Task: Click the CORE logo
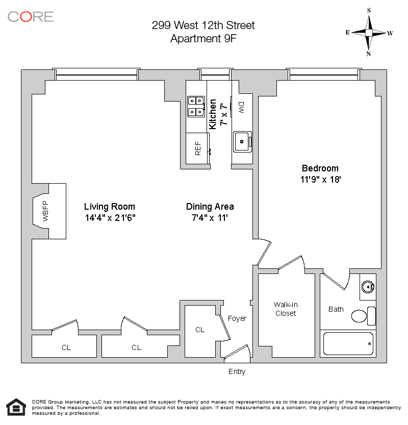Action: click(x=30, y=16)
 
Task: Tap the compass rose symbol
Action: click(x=369, y=33)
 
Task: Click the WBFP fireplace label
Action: click(x=45, y=211)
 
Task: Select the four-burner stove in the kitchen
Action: click(x=196, y=107)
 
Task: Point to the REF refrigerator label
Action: click(x=198, y=148)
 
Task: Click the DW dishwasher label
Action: click(x=241, y=108)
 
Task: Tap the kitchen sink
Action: click(x=242, y=141)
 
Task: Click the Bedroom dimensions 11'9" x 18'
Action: click(x=320, y=180)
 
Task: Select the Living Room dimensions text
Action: click(x=110, y=218)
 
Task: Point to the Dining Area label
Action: click(x=210, y=207)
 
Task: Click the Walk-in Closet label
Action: click(x=286, y=309)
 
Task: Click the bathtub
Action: click(x=348, y=344)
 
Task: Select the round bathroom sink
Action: click(x=368, y=287)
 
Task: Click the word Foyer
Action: click(x=237, y=318)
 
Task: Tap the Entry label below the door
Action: click(x=237, y=371)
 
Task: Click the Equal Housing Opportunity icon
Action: click(x=16, y=407)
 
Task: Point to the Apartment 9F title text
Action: click(x=203, y=38)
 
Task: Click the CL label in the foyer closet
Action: click(x=200, y=330)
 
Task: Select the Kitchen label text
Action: click(x=212, y=114)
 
